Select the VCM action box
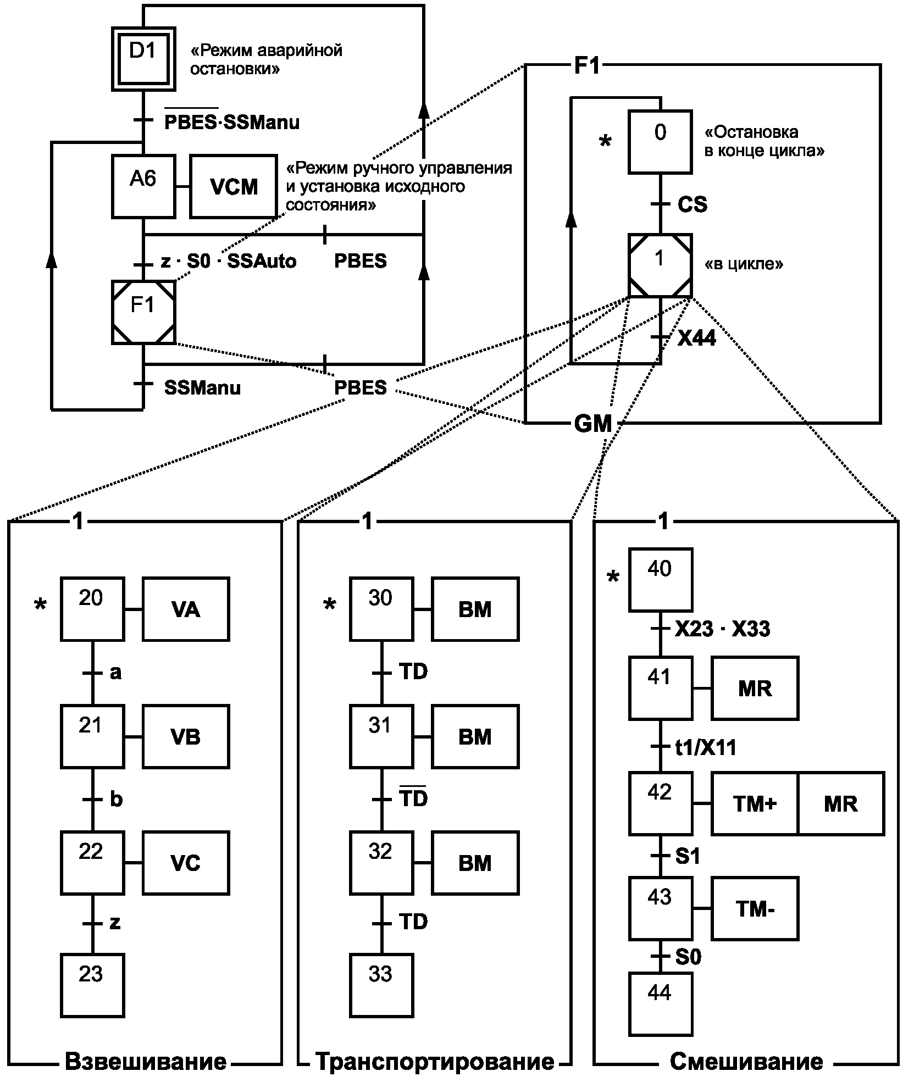point(234,187)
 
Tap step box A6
point(143,187)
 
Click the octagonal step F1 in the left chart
point(143,312)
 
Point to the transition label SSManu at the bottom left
point(202,389)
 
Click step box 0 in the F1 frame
point(660,142)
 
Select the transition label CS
point(692,205)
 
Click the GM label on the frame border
point(592,424)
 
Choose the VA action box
point(186,609)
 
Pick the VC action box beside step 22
point(186,863)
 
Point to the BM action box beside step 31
point(475,737)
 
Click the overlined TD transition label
point(413,798)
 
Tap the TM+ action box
point(755,804)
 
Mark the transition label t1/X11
point(705,748)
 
